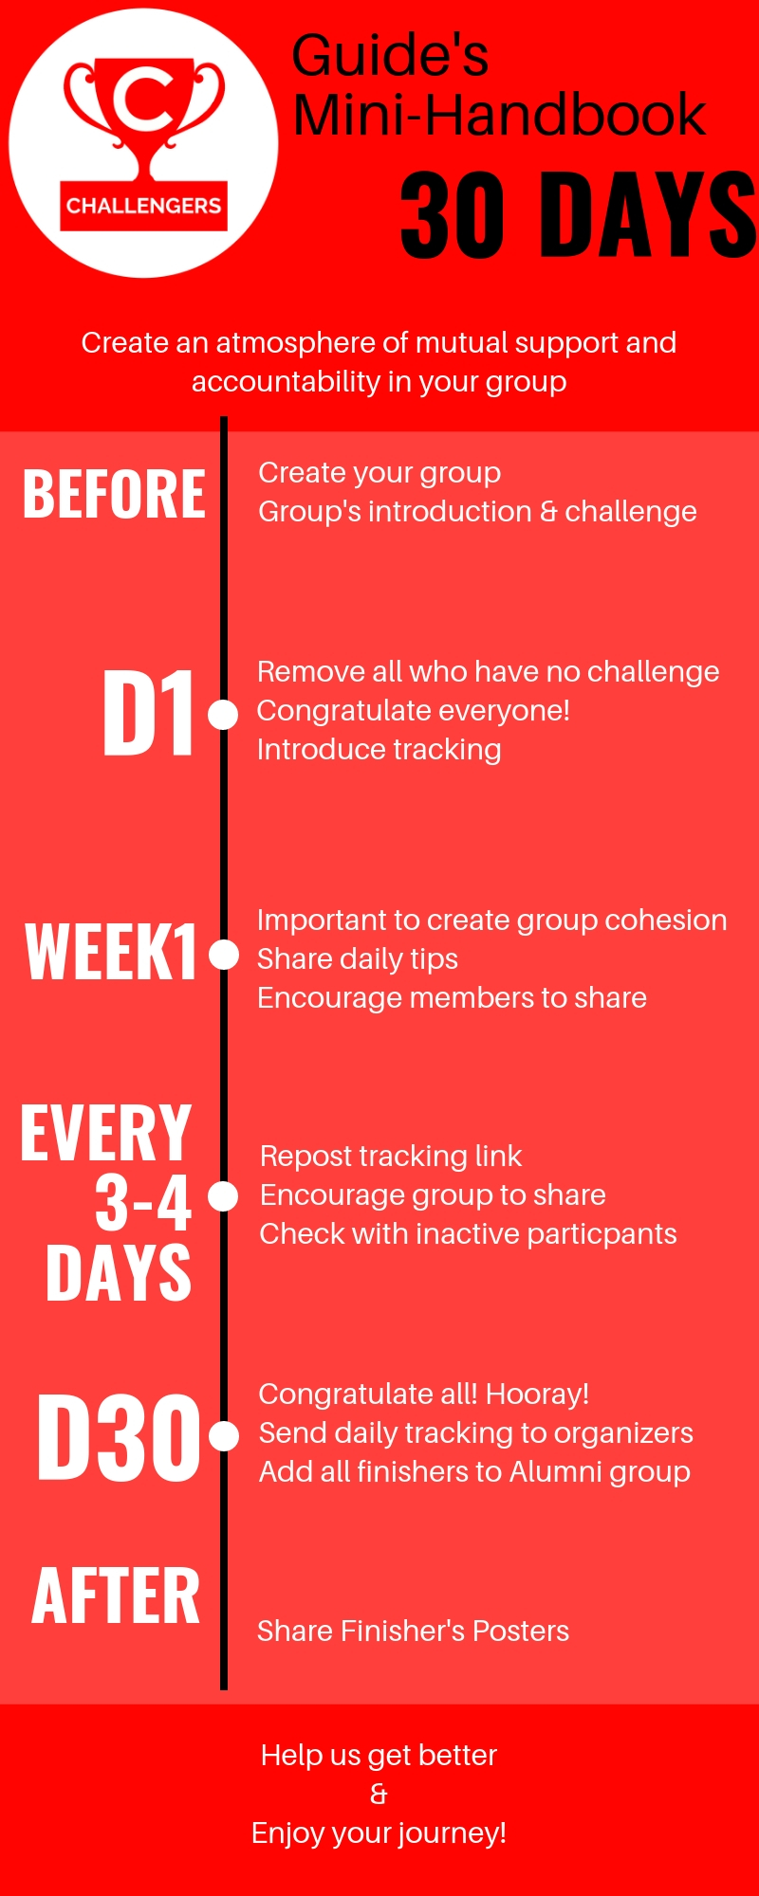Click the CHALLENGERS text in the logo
click(143, 206)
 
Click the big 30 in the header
click(453, 215)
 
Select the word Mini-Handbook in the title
click(499, 116)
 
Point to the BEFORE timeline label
click(114, 494)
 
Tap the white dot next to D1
click(223, 715)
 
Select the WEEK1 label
click(111, 952)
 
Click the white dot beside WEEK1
click(223, 955)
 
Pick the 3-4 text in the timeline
click(143, 1202)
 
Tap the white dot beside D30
click(223, 1436)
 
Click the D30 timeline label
click(119, 1437)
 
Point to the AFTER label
click(116, 1596)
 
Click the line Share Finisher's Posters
click(413, 1631)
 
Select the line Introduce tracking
click(379, 750)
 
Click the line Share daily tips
click(358, 959)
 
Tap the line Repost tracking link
click(391, 1157)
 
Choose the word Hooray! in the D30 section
click(537, 1394)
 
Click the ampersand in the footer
click(379, 1795)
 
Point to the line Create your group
click(379, 473)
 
